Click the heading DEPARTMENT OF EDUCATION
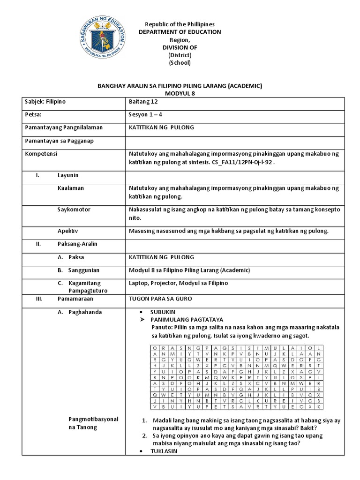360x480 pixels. tap(180, 32)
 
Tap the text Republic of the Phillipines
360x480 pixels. tap(180, 24)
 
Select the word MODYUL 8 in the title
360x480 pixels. tap(180, 93)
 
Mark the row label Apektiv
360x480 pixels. tap(67, 231)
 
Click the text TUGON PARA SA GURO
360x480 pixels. tap(160, 298)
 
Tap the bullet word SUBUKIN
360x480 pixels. tap(162, 312)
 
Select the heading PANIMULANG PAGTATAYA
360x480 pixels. tap(184, 319)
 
